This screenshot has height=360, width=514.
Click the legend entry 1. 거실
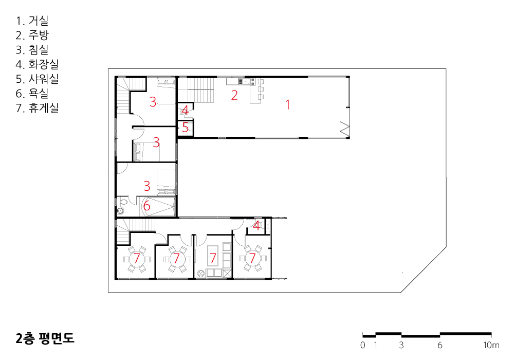click(32, 21)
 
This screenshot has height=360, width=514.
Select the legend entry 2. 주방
click(32, 35)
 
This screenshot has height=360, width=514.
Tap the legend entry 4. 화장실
click(37, 64)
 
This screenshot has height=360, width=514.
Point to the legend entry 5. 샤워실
click(37, 79)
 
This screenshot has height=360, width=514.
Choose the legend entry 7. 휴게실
click(37, 108)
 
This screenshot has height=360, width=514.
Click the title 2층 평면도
click(45, 338)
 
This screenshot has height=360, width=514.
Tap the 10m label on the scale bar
click(491, 345)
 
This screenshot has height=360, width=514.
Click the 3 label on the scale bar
click(401, 345)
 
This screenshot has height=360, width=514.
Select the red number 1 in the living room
click(287, 104)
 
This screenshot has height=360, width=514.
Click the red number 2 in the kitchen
click(234, 95)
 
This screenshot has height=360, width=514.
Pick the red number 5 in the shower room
click(185, 127)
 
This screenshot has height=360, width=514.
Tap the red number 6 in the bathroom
click(146, 206)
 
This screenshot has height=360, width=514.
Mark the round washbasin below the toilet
click(121, 210)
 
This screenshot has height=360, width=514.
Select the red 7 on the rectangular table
click(213, 258)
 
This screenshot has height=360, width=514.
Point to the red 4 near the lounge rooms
click(256, 225)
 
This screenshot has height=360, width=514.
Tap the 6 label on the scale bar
click(439, 345)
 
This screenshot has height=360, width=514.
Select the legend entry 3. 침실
click(32, 50)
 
